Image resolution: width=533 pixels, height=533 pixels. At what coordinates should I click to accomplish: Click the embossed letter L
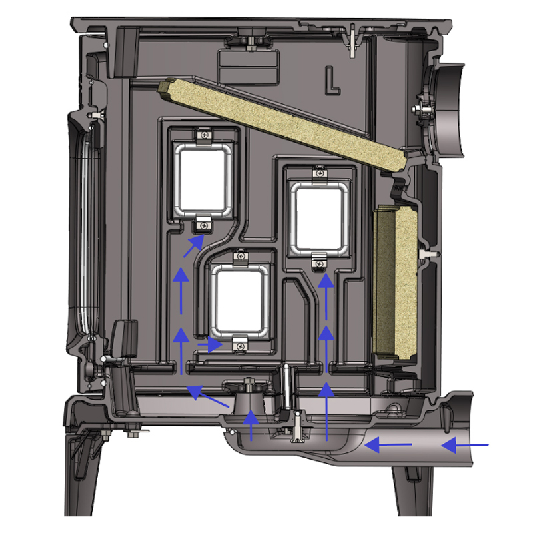(332, 81)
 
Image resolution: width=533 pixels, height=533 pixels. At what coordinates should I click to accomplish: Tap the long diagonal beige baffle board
(282, 125)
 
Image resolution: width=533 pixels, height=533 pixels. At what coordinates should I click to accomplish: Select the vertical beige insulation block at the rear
(395, 282)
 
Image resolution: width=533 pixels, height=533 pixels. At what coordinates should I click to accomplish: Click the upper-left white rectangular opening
(203, 180)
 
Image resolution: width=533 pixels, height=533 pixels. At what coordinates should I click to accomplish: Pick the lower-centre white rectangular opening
(240, 300)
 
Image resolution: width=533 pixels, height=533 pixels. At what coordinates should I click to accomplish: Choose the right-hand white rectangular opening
(318, 219)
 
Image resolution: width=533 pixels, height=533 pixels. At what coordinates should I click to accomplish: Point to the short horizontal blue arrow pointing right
(210, 344)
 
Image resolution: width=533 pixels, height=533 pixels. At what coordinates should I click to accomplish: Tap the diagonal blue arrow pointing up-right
(194, 246)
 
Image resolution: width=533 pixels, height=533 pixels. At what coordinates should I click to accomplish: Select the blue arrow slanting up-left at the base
(208, 396)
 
